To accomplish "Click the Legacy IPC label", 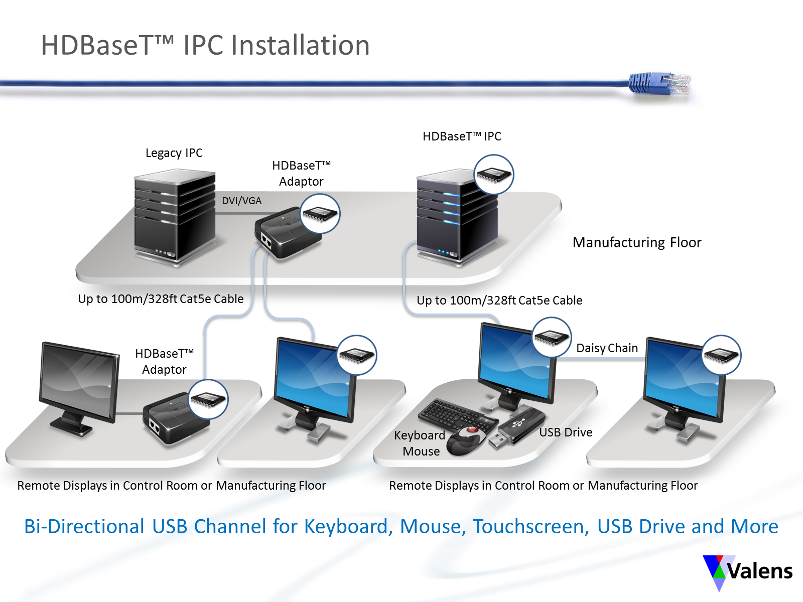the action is pyautogui.click(x=174, y=153).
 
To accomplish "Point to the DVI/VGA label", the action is pyautogui.click(x=242, y=201).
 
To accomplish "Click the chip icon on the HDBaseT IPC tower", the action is pyautogui.click(x=493, y=175).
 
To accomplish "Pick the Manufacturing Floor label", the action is pyautogui.click(x=637, y=242).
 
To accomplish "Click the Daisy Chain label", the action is pyautogui.click(x=607, y=348).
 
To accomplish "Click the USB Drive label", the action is pyautogui.click(x=566, y=432).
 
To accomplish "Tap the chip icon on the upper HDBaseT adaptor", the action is pyautogui.click(x=320, y=214).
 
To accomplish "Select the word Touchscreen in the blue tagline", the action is pyautogui.click(x=531, y=526).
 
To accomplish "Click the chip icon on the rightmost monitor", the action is pyautogui.click(x=721, y=355).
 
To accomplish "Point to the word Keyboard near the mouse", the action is pyautogui.click(x=420, y=435).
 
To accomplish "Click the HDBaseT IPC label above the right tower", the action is pyautogui.click(x=462, y=136).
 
